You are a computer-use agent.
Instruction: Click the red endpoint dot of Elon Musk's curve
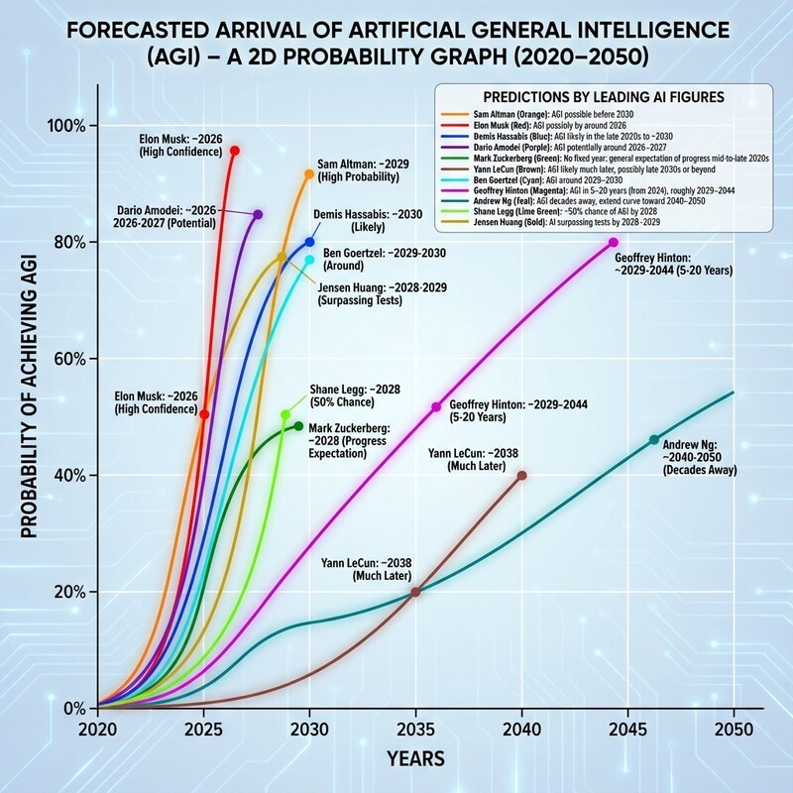click(x=234, y=151)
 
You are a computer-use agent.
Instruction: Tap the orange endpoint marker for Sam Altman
click(x=309, y=173)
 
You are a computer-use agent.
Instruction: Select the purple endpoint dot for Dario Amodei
click(x=258, y=214)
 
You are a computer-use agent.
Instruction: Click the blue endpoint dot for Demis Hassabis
click(x=309, y=242)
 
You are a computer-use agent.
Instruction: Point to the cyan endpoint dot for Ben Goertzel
click(x=309, y=260)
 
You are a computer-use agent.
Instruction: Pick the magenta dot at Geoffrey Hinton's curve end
click(x=614, y=242)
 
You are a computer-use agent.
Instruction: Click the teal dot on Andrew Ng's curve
click(x=653, y=439)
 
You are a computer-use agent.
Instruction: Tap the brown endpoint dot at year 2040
click(x=522, y=476)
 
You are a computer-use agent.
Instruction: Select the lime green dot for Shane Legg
click(x=285, y=414)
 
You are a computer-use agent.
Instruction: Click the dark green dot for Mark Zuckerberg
click(x=298, y=426)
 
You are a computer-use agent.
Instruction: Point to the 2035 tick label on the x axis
click(x=415, y=728)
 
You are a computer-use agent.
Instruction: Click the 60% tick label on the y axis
click(x=68, y=359)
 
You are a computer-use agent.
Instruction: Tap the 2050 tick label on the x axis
click(x=734, y=728)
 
